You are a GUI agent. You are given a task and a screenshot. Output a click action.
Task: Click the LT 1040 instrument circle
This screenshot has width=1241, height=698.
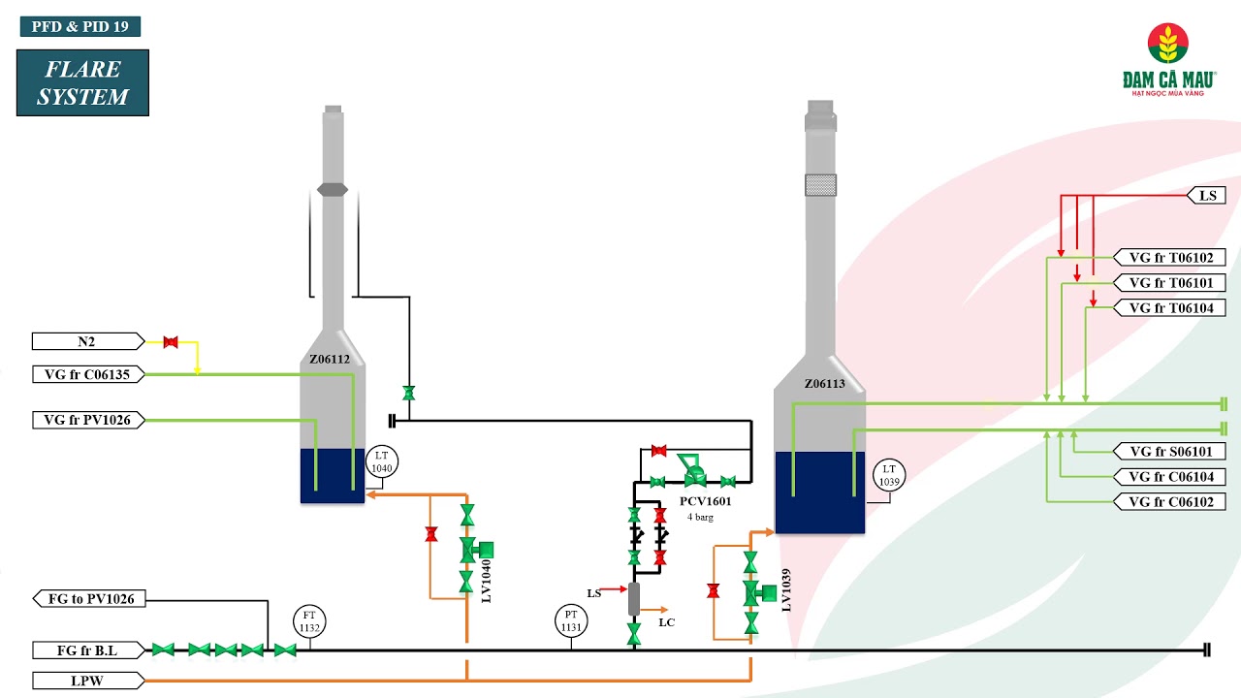(x=382, y=462)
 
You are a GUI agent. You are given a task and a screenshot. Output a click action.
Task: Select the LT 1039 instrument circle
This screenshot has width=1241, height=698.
(x=889, y=476)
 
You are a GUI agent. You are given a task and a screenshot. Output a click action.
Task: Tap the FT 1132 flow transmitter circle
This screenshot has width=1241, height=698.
(x=310, y=621)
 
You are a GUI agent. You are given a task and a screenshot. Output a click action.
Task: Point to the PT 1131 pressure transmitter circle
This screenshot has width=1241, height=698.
(x=571, y=621)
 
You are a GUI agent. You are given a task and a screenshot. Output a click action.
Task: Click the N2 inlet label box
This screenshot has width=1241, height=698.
(x=87, y=341)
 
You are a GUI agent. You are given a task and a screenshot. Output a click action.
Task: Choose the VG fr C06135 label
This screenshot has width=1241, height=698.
(x=87, y=374)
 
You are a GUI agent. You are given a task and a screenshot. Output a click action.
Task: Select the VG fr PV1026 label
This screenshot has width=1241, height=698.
(x=87, y=420)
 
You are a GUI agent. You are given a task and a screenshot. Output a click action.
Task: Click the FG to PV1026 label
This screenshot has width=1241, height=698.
(x=90, y=599)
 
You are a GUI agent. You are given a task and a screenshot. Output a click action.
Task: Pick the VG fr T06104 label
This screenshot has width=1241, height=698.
(x=1170, y=308)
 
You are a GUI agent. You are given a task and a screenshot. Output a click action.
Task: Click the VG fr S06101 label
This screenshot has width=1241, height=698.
(x=1170, y=452)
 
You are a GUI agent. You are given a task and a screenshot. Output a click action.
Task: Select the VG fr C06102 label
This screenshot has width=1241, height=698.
(x=1170, y=502)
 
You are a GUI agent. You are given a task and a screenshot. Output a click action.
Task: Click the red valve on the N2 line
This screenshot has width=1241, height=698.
(x=171, y=341)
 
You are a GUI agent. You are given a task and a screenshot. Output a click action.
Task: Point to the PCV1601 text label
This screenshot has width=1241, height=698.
(x=706, y=502)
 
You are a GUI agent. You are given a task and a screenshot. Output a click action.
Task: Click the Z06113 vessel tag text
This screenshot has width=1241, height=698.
(x=824, y=384)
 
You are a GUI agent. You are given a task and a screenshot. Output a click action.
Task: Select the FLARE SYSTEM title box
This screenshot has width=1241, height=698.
(x=82, y=83)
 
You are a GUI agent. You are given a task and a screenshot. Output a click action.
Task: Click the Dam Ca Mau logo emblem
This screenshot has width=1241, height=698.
(x=1168, y=45)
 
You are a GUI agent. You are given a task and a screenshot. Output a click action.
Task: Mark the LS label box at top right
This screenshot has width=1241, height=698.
(x=1207, y=196)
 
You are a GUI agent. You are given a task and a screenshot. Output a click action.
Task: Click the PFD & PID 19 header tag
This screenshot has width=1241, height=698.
(x=80, y=27)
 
